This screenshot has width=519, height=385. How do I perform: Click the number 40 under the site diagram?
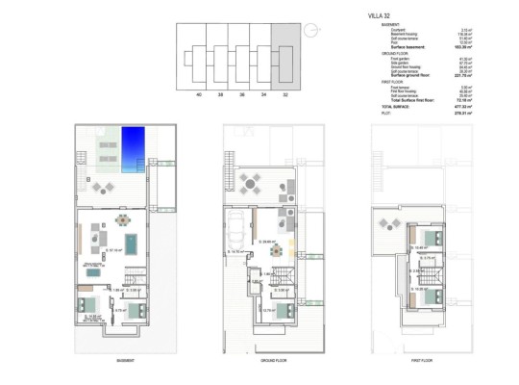[x=199, y=95]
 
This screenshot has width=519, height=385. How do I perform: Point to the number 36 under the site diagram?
[x=241, y=95]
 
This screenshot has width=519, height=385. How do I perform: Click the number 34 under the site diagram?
[x=262, y=95]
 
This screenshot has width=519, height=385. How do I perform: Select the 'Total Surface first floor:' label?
[x=405, y=100]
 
